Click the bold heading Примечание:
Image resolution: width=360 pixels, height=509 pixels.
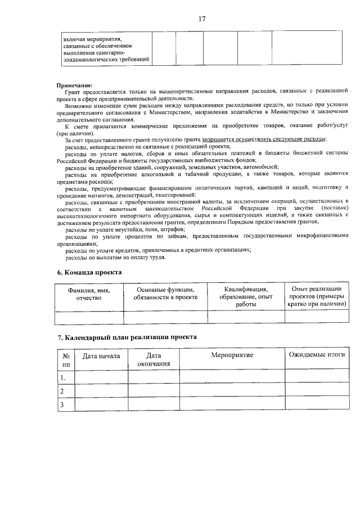[x=75, y=85]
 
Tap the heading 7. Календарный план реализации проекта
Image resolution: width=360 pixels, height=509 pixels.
[x=127, y=337]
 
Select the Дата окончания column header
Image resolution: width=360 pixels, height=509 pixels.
[x=154, y=360]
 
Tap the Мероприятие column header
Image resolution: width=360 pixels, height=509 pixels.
[x=232, y=356]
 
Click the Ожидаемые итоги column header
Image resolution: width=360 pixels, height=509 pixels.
[x=316, y=355]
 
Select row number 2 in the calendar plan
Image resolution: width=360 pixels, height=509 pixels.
[x=63, y=391]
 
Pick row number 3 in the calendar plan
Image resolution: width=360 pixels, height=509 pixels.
[x=63, y=404]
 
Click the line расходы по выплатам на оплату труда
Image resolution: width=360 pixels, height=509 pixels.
[x=115, y=257]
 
